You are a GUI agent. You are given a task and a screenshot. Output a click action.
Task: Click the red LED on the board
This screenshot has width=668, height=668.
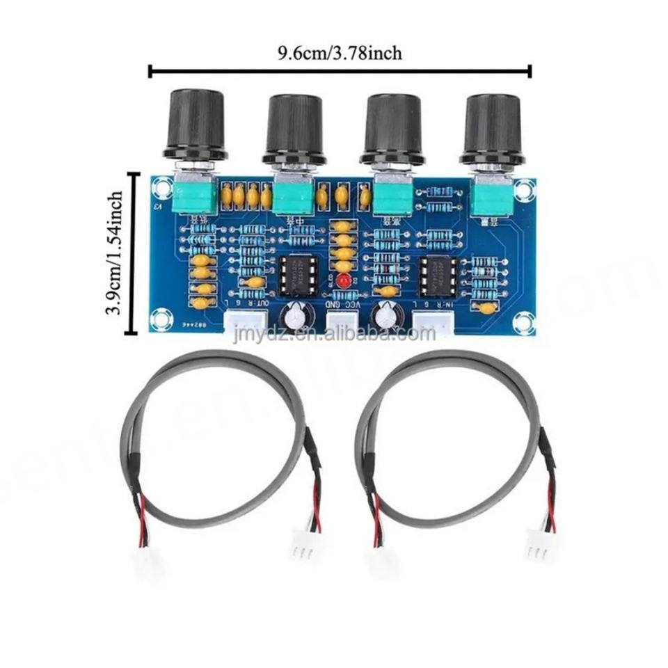(x=342, y=281)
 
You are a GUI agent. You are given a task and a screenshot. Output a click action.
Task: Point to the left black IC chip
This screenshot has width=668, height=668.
(x=298, y=275)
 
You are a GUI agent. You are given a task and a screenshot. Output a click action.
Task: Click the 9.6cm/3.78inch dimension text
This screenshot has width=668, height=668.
(x=340, y=53)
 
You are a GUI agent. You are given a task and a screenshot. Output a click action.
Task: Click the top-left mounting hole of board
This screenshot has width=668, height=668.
(x=161, y=186)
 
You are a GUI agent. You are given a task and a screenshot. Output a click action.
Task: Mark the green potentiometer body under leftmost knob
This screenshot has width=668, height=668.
(x=192, y=198)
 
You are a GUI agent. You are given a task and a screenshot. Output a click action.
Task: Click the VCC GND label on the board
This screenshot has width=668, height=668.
(x=345, y=304)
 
